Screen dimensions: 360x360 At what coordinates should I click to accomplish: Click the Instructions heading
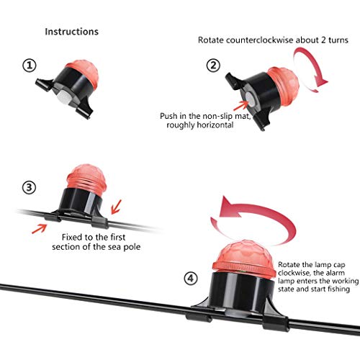click(x=72, y=32)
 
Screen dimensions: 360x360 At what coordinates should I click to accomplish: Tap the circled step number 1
click(x=30, y=66)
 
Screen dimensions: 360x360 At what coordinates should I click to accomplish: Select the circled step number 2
click(x=213, y=66)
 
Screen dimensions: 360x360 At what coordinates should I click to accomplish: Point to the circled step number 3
click(x=29, y=187)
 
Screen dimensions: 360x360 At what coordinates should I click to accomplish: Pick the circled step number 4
click(x=191, y=279)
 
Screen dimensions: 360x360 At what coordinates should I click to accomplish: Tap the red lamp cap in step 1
click(x=83, y=73)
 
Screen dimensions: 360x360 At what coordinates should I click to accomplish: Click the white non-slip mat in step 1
click(x=63, y=96)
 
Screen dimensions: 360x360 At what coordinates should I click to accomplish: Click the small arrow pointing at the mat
click(x=241, y=106)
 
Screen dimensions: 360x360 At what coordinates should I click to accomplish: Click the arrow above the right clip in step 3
click(x=117, y=207)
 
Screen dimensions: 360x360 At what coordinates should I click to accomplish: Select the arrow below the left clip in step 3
click(x=40, y=229)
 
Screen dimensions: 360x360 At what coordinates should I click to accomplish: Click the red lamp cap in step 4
click(x=244, y=257)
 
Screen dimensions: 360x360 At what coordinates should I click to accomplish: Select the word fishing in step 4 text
click(x=338, y=289)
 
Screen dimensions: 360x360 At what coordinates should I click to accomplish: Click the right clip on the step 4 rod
click(x=275, y=323)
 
